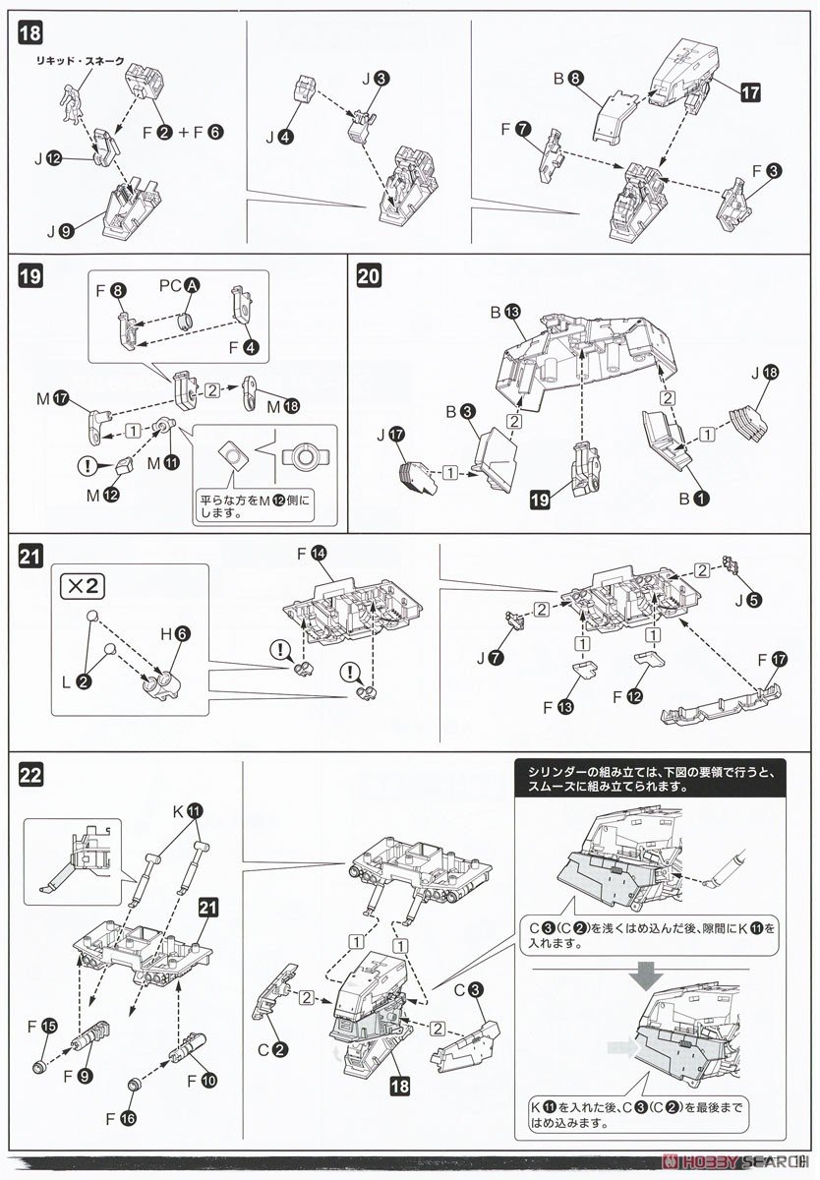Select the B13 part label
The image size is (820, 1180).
coord(503,312)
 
